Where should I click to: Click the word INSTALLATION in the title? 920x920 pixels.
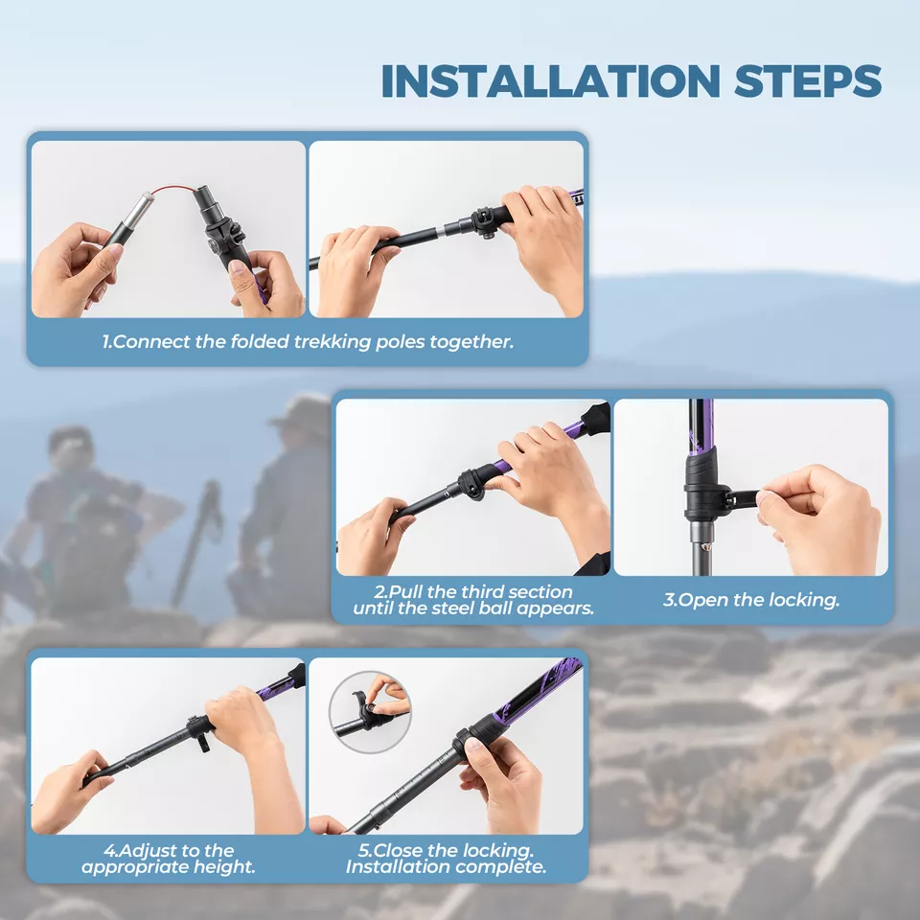pyautogui.click(x=550, y=80)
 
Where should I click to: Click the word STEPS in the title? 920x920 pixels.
pyautogui.click(x=808, y=80)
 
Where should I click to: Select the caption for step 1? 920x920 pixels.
pyautogui.click(x=308, y=342)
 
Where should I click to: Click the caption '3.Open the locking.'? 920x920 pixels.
pyautogui.click(x=750, y=601)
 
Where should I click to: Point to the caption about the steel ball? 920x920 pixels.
pyautogui.click(x=473, y=600)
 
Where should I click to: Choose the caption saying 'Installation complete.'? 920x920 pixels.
pyautogui.click(x=447, y=867)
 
